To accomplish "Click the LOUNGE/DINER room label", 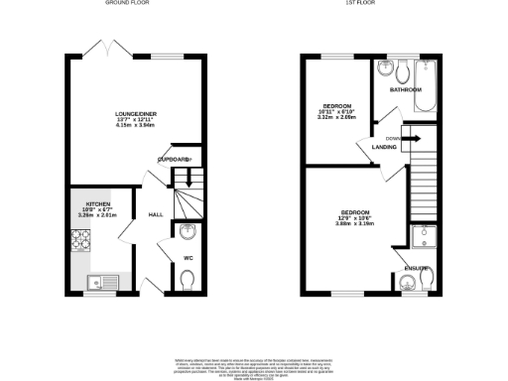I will click(136, 111).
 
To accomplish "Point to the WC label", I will click(188, 260).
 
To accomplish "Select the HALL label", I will click(156, 214).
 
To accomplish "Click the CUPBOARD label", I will click(174, 159).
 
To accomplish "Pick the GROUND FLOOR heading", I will click(135, 4).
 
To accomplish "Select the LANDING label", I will click(385, 147).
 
